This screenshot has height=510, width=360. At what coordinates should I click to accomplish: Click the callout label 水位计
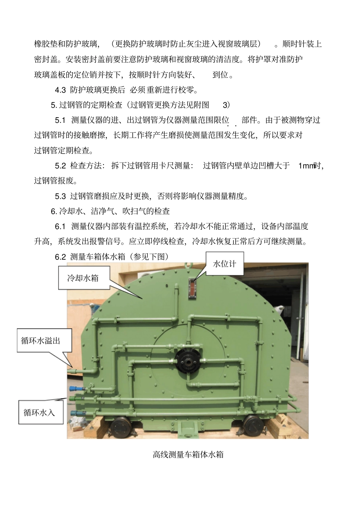[225, 264]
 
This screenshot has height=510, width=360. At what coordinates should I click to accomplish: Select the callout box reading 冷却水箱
[83, 278]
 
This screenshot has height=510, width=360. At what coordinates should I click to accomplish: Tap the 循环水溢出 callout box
[40, 341]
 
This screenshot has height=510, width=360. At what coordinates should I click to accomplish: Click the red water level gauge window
[192, 287]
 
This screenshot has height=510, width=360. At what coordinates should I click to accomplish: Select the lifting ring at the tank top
[188, 265]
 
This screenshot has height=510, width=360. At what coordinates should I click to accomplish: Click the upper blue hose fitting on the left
[74, 388]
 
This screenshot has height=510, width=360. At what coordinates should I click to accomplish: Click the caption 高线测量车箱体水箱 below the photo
[188, 454]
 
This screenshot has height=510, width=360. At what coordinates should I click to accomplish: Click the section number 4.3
[60, 90]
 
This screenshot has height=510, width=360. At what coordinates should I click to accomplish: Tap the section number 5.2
[60, 165]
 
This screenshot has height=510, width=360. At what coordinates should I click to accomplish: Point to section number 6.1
[60, 226]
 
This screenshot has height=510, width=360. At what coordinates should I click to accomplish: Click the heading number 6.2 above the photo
[60, 257]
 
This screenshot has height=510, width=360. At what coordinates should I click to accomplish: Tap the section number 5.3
[60, 196]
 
